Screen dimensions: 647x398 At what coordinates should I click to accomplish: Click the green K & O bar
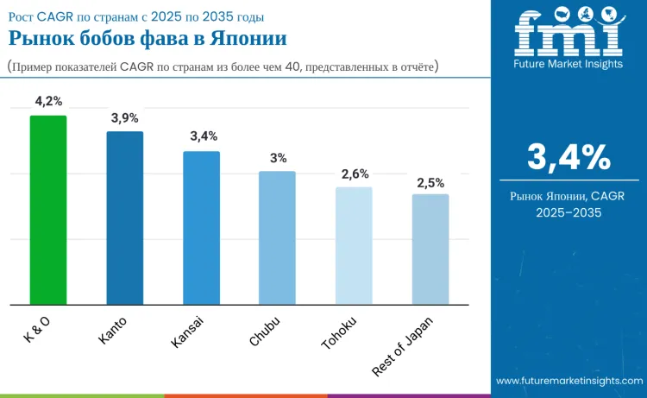pyautogui.click(x=48, y=210)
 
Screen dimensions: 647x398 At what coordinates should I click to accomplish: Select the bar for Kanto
pyautogui.click(x=125, y=218)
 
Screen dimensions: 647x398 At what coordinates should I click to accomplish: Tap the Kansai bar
pyautogui.click(x=201, y=228)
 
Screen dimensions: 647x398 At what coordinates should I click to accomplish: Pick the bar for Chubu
pyautogui.click(x=277, y=238)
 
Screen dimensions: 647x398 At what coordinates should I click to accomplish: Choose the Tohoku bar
pyautogui.click(x=354, y=246)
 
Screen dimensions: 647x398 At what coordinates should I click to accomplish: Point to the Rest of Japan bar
pyautogui.click(x=430, y=250)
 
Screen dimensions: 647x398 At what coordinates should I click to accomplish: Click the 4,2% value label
pyautogui.click(x=48, y=101)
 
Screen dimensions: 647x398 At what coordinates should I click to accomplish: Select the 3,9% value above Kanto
pyautogui.click(x=124, y=118)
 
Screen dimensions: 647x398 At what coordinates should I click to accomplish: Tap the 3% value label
pyautogui.click(x=278, y=158)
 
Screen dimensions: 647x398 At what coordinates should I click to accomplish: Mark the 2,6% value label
pyautogui.click(x=355, y=174)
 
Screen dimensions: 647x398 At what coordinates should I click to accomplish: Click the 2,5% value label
pyautogui.click(x=430, y=183)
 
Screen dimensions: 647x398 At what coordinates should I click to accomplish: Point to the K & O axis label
pyautogui.click(x=37, y=330)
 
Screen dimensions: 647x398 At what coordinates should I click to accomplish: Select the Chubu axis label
pyautogui.click(x=265, y=332)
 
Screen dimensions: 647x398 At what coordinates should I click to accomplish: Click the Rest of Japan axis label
pyautogui.click(x=402, y=347)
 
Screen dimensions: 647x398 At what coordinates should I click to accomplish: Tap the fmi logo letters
pyautogui.click(x=568, y=32)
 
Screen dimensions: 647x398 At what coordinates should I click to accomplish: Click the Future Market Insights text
pyautogui.click(x=568, y=64)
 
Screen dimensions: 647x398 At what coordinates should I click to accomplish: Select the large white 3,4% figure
pyautogui.click(x=569, y=157)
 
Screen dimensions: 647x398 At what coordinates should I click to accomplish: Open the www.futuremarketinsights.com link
pyautogui.click(x=569, y=381)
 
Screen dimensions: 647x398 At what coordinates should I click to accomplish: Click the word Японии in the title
pyautogui.click(x=248, y=38)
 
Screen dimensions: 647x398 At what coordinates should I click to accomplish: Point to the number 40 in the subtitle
pyautogui.click(x=292, y=66)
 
